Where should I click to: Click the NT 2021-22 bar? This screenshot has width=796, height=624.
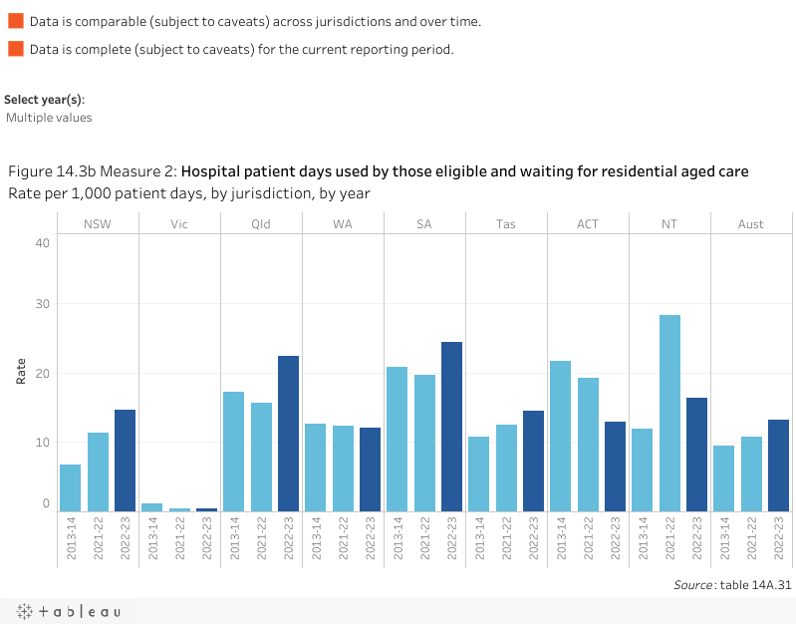[669, 413]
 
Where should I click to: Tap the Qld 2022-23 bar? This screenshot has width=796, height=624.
[288, 434]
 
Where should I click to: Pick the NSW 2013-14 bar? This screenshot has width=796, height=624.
[70, 487]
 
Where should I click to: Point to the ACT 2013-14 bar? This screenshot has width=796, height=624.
[560, 436]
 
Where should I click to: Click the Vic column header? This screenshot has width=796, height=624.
[179, 224]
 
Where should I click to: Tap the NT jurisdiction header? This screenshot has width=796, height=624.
[669, 224]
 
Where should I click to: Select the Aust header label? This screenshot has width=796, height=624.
[751, 224]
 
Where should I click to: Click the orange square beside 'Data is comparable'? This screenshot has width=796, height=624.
[15, 22]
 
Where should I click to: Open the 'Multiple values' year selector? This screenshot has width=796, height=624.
[49, 118]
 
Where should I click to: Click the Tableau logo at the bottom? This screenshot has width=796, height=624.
[67, 611]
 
